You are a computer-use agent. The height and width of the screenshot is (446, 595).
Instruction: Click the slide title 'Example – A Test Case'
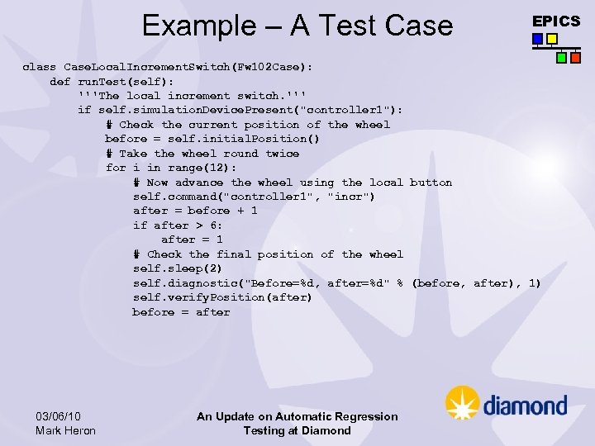click(297, 26)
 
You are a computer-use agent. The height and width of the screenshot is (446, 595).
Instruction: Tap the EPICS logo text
click(556, 21)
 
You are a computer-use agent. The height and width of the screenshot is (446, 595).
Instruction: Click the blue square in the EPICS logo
click(538, 39)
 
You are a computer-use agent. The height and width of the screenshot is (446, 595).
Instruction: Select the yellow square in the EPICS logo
click(552, 39)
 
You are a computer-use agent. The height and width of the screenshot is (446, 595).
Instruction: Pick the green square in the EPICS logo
click(561, 58)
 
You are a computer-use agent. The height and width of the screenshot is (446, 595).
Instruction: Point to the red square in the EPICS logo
click(575, 58)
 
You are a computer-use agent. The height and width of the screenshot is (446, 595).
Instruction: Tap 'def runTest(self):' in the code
click(112, 82)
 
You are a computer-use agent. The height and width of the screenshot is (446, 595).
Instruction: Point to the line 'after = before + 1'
click(195, 211)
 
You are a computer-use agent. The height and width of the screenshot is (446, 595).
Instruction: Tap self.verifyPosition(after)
click(222, 297)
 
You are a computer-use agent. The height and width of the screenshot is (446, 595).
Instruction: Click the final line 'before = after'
click(181, 312)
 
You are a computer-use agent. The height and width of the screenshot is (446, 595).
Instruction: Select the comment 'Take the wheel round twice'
click(202, 154)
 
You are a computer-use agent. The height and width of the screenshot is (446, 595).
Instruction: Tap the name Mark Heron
click(66, 430)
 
